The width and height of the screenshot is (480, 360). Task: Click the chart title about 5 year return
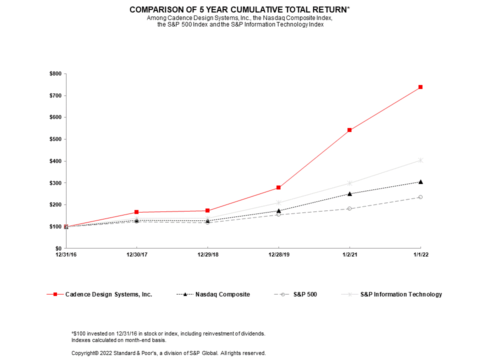pos(239,9)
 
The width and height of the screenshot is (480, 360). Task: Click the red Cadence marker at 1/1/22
pos(420,87)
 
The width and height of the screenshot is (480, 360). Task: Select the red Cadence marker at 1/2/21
pos(349,130)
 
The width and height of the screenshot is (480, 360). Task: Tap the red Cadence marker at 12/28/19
pos(278,187)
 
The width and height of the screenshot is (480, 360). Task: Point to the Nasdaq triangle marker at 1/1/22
pos(420,181)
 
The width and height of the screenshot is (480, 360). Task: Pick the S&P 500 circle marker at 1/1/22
pos(420,197)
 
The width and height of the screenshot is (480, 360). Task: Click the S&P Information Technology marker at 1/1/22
pos(420,160)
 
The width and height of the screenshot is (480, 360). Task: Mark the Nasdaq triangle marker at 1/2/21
pos(349,193)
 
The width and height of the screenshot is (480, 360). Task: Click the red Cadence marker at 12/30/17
pos(136,212)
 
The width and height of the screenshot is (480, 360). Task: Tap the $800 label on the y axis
pos(55,74)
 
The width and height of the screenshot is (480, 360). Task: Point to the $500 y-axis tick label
pos(55,139)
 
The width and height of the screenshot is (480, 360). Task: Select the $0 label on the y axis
pos(58,248)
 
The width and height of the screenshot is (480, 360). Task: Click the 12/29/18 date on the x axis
pos(207,255)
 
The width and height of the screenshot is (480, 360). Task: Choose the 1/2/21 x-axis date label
pos(349,255)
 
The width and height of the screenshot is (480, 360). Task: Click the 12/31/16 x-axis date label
pos(66,255)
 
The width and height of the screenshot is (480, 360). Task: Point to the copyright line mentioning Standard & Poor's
pos(168,353)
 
